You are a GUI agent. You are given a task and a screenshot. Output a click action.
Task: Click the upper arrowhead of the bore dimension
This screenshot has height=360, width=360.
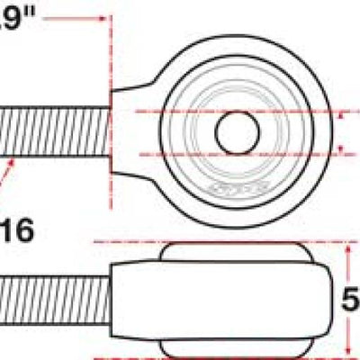click(x=343, y=116)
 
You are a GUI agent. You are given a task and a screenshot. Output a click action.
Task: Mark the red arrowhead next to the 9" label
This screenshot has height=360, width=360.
click(x=101, y=17)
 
